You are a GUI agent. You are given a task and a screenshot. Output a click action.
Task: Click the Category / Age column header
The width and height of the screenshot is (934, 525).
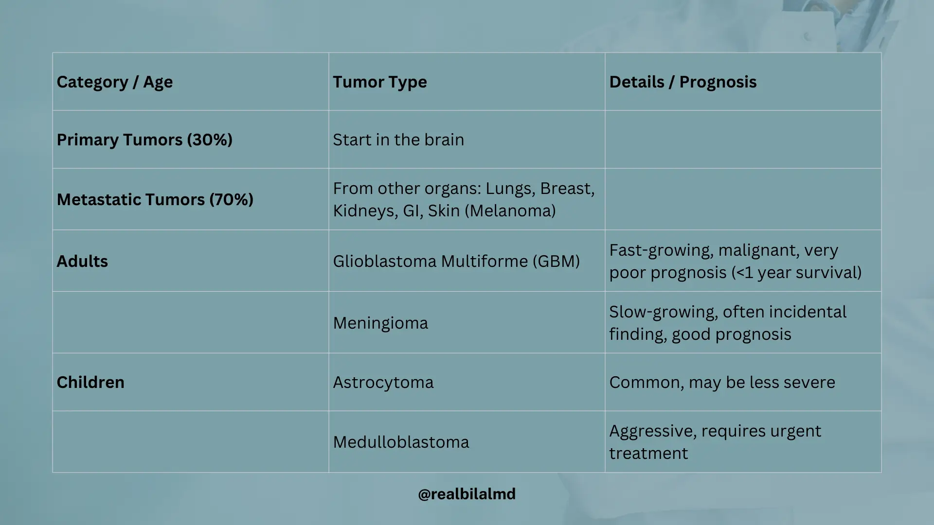click(115, 82)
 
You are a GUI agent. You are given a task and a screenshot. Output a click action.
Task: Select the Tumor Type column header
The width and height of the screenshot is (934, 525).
click(380, 82)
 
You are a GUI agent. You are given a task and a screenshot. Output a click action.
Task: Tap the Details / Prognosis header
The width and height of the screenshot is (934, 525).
click(683, 82)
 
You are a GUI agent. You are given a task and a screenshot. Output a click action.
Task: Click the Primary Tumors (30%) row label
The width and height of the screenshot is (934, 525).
click(144, 140)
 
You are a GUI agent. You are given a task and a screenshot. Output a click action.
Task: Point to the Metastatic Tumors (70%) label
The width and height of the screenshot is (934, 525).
click(155, 200)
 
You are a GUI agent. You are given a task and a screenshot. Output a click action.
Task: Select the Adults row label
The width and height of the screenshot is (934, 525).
click(82, 261)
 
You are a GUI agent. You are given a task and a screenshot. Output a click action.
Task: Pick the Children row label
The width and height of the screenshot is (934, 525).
click(90, 382)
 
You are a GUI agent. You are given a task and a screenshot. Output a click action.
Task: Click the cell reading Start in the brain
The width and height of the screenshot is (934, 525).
click(398, 140)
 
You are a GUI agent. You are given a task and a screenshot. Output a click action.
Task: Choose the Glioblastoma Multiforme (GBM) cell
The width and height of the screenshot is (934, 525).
click(456, 262)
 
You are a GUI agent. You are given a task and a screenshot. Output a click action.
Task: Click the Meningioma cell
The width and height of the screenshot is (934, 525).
click(380, 323)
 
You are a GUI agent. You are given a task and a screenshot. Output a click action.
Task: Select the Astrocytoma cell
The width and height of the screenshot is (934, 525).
click(383, 383)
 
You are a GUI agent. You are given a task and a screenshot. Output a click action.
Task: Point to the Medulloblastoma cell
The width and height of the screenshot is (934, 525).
click(401, 442)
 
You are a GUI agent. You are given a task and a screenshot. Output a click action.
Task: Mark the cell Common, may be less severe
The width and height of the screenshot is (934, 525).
click(722, 383)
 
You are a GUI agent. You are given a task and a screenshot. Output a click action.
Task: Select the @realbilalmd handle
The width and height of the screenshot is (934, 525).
click(467, 494)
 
